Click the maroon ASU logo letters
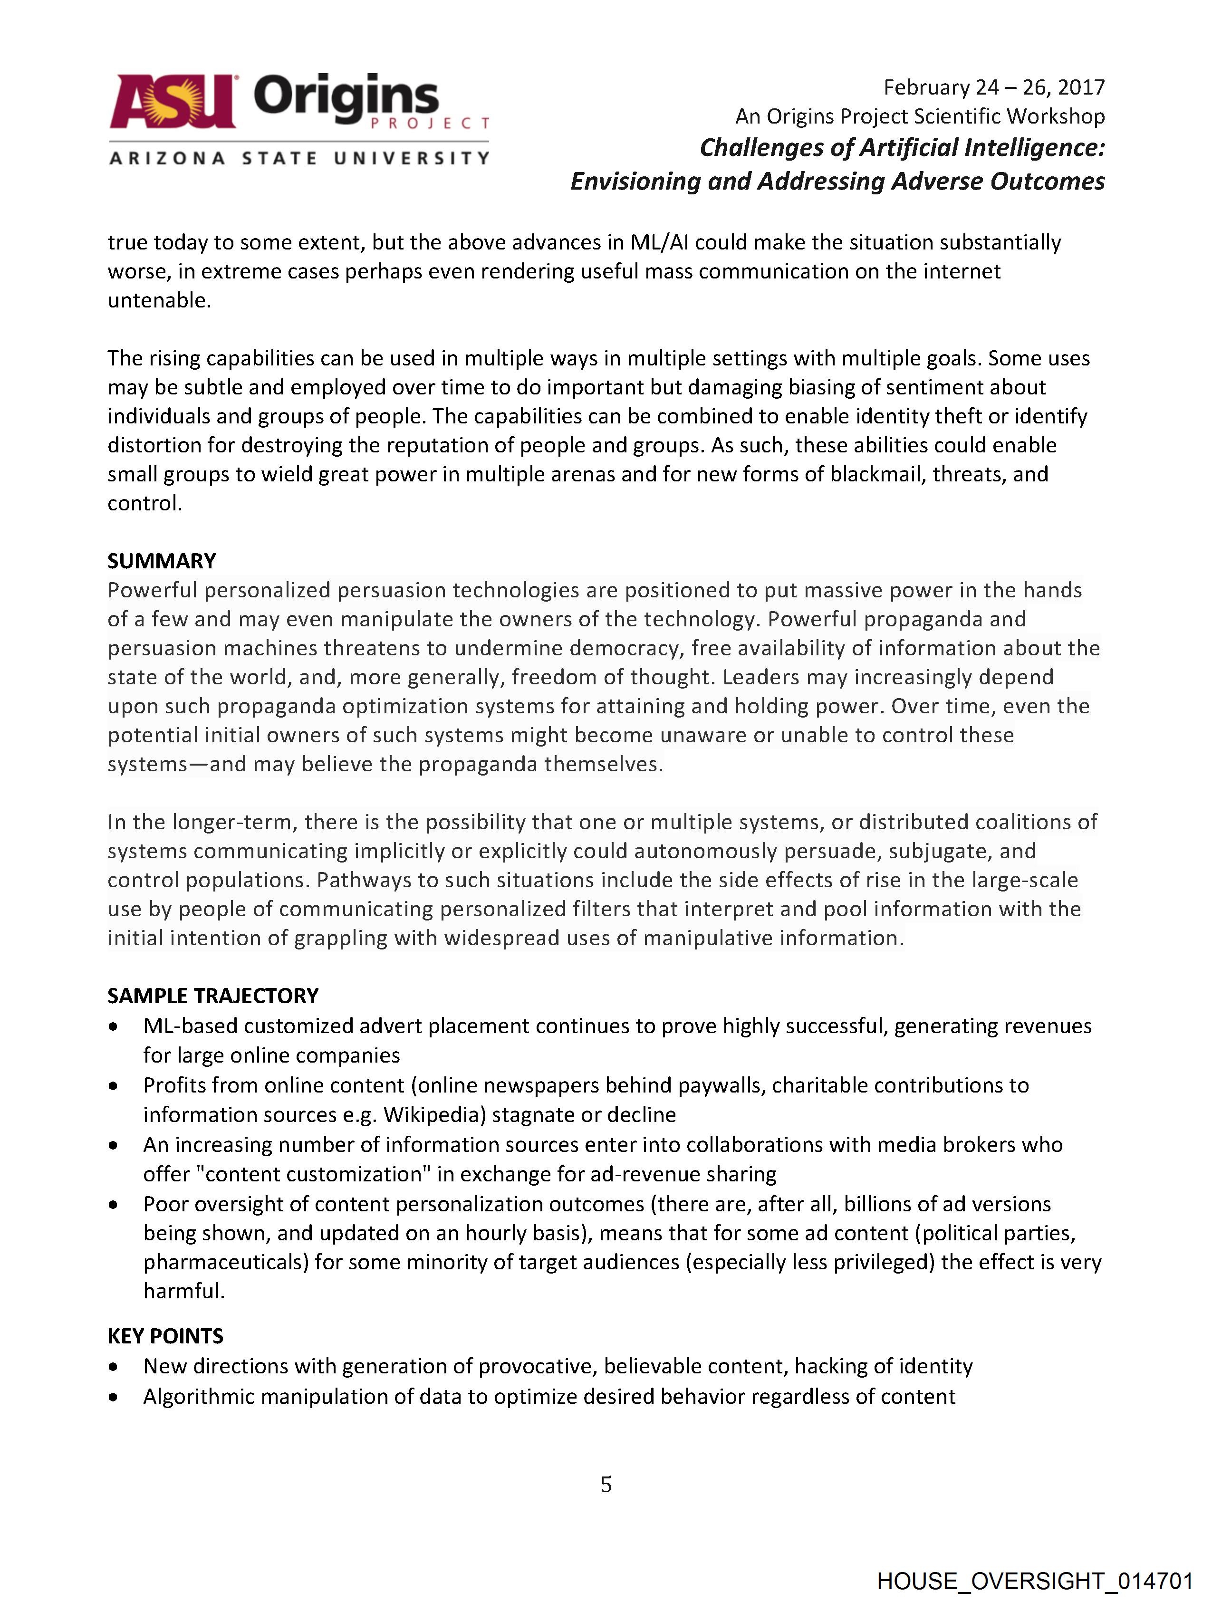click(173, 101)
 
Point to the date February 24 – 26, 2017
click(993, 87)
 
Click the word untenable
click(159, 300)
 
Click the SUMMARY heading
click(162, 561)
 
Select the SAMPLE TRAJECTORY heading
click(213, 996)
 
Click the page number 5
click(606, 1485)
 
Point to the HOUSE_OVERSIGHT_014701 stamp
click(1035, 1581)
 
